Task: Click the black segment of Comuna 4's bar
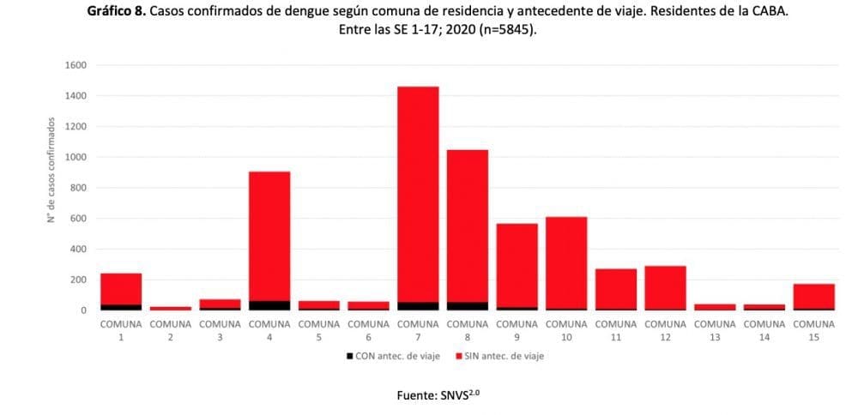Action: pos(269,305)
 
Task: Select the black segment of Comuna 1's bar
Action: pos(121,307)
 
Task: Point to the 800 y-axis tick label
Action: pos(78,188)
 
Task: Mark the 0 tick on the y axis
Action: pos(83,310)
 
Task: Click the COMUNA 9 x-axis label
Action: pos(517,330)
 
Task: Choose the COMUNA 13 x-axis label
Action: pos(715,330)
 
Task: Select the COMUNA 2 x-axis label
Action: pos(171,330)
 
